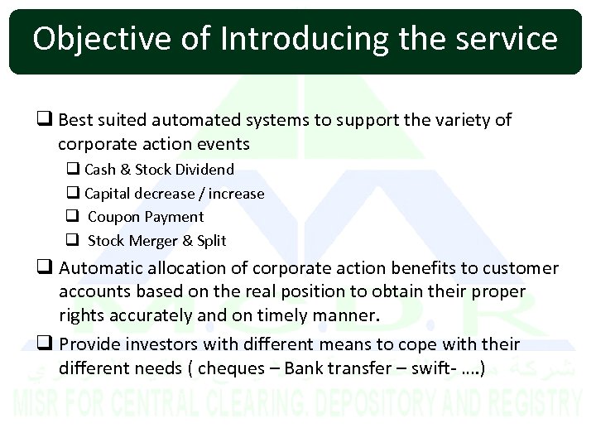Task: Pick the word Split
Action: click(x=212, y=241)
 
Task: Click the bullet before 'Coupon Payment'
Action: click(x=73, y=217)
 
